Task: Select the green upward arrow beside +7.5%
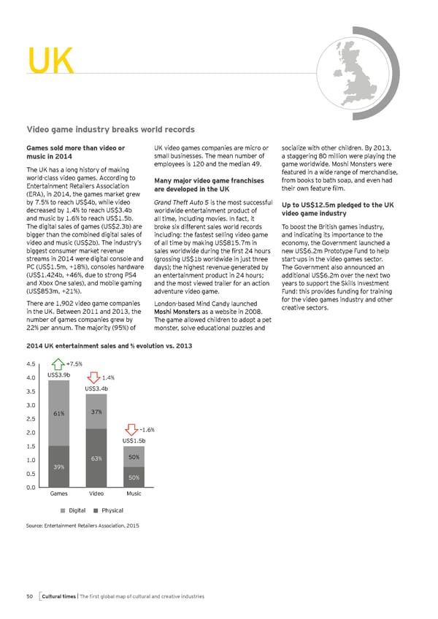(x=56, y=364)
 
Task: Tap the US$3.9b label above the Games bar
(x=58, y=374)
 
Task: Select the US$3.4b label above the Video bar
(x=96, y=389)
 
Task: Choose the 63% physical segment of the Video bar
(x=96, y=458)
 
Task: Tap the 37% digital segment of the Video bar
(x=96, y=413)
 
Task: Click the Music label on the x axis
(x=134, y=494)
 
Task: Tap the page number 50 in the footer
(x=30, y=597)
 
